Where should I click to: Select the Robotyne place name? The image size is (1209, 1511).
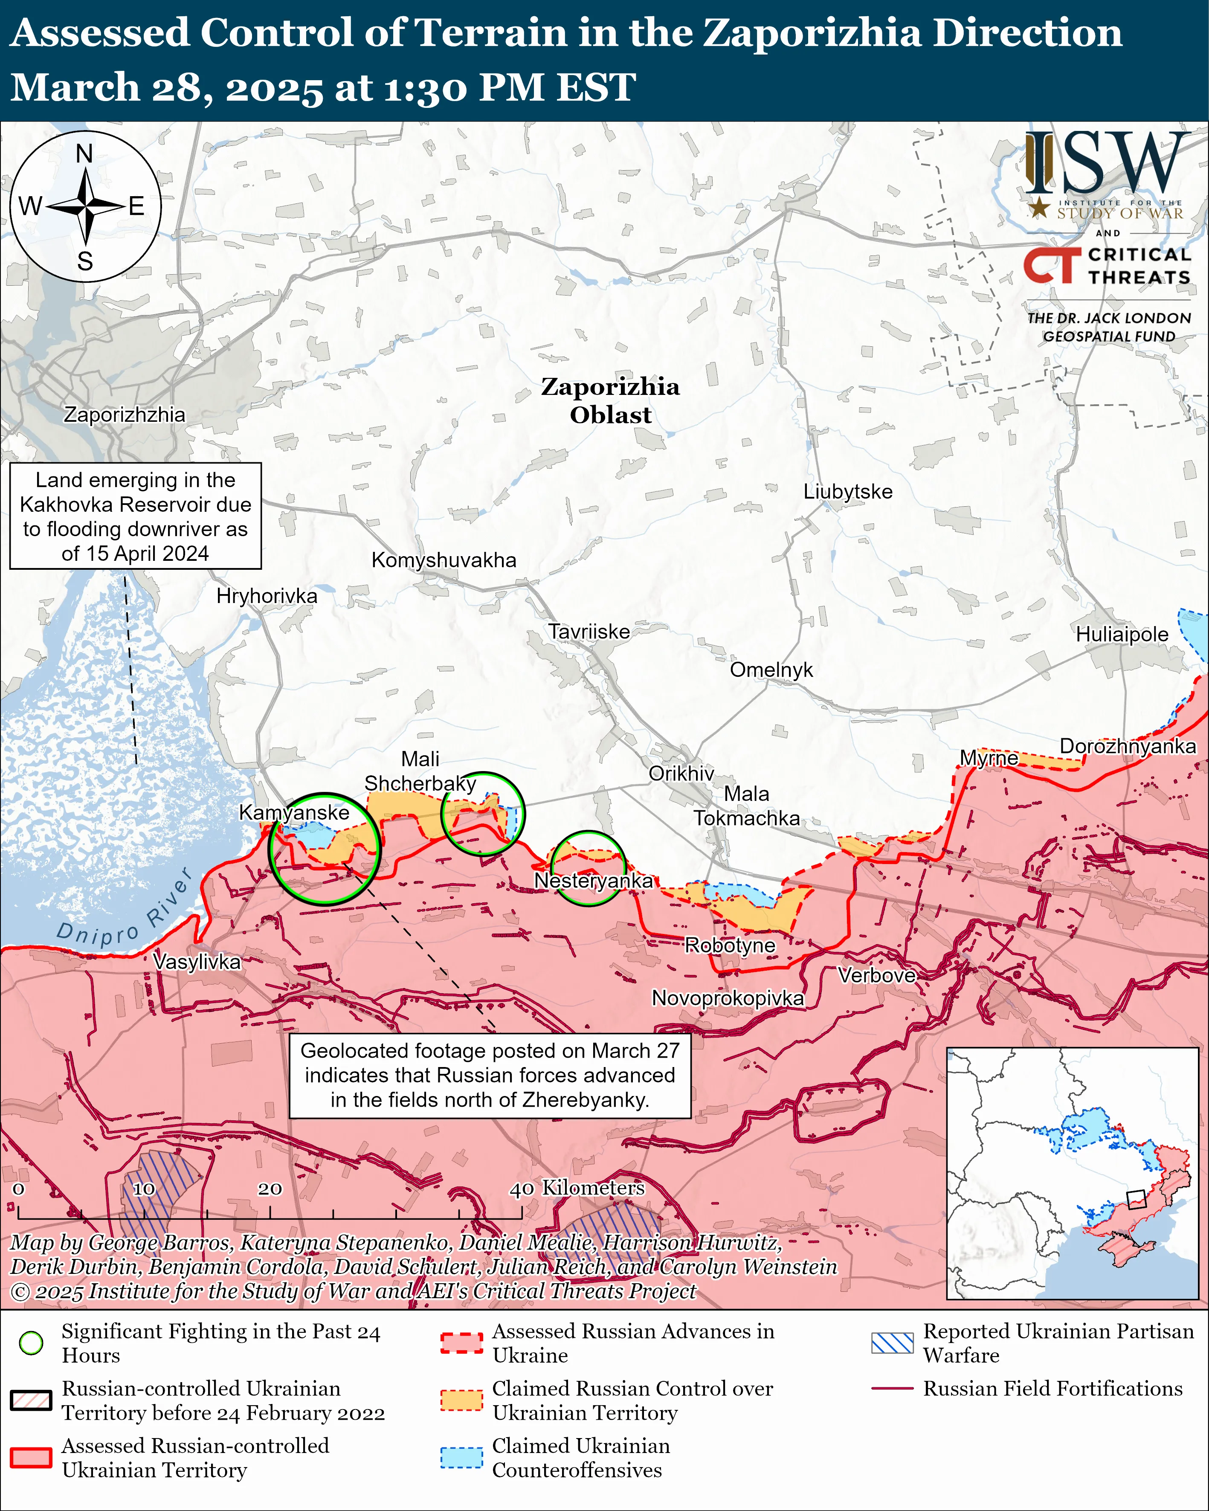[x=730, y=945]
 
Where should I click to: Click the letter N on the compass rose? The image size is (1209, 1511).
[x=84, y=154]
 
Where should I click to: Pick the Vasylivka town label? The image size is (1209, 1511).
[x=196, y=962]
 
